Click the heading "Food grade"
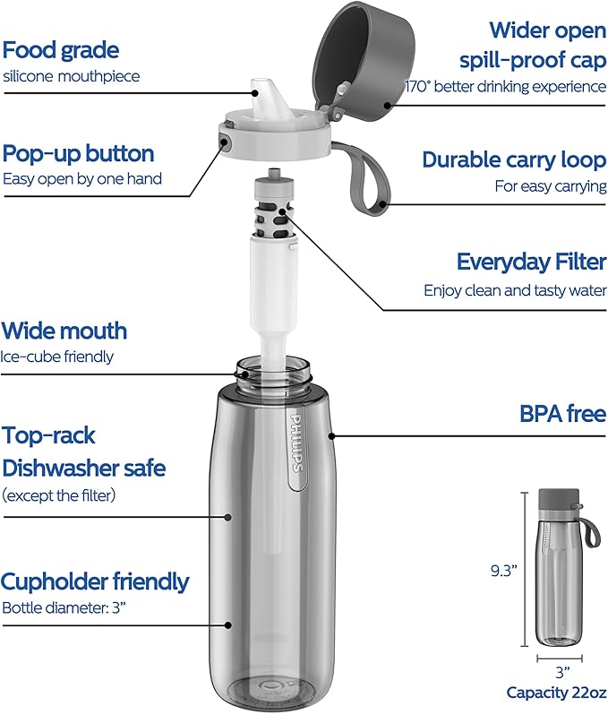click(61, 49)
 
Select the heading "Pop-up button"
click(79, 153)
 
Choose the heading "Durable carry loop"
click(514, 159)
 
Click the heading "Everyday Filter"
click(531, 262)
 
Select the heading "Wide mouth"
click(64, 331)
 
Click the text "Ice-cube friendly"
click(57, 357)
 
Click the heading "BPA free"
click(563, 414)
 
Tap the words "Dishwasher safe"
click(83, 468)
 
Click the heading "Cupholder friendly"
click(95, 581)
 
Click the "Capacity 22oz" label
click(557, 692)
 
